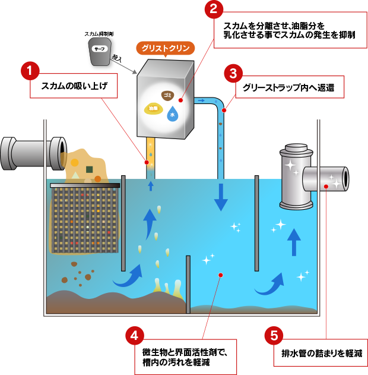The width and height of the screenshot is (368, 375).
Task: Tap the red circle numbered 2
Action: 212,10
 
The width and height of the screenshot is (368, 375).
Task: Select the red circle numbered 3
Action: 233,74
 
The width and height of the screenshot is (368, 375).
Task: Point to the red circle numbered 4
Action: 134,336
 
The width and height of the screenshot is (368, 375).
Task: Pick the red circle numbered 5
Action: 274,336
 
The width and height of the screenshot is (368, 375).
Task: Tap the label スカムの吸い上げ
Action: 74,87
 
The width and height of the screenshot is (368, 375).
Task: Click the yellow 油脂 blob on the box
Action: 154,108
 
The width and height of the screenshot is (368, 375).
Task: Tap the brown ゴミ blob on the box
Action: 167,95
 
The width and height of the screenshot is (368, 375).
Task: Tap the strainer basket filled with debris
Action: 84,217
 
